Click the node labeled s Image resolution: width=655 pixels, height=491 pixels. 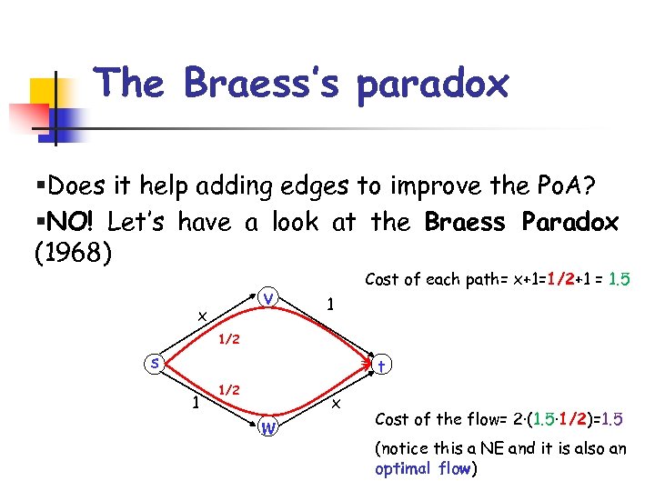156,363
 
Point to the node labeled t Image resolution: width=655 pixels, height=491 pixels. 382,365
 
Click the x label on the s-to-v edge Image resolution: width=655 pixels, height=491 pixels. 202,315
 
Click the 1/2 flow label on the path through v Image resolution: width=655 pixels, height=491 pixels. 228,340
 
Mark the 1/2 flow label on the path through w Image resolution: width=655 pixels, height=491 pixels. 228,389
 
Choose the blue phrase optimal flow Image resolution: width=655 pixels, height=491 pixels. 423,469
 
